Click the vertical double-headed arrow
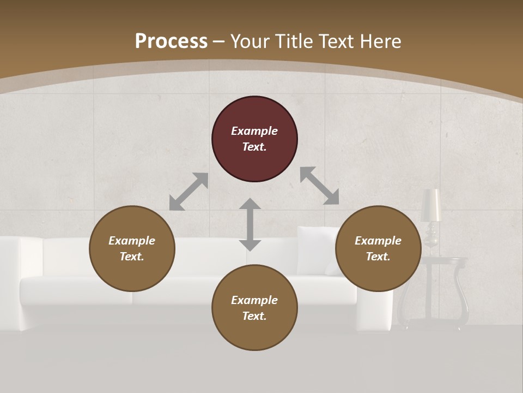[x=250, y=224]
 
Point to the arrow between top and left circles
[x=188, y=192]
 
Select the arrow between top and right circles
[x=320, y=186]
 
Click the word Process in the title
[x=171, y=41]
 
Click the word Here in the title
[x=381, y=41]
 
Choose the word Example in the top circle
[x=254, y=131]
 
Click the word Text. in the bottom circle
[x=254, y=316]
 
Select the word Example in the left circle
[x=132, y=241]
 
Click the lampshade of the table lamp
[x=431, y=205]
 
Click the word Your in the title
[x=249, y=41]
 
